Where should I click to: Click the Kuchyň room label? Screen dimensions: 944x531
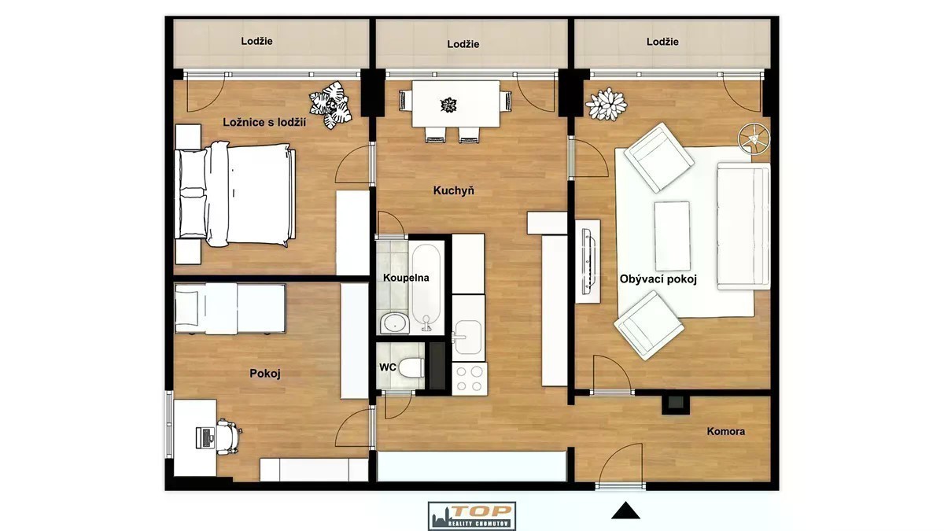pyautogui.click(x=453, y=191)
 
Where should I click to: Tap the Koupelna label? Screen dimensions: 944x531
pyautogui.click(x=406, y=278)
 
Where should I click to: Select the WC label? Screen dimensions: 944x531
pyautogui.click(x=387, y=367)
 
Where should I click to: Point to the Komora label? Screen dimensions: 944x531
pyautogui.click(x=725, y=432)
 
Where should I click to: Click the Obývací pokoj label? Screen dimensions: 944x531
pyautogui.click(x=658, y=279)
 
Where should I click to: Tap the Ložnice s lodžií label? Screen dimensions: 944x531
pyautogui.click(x=264, y=123)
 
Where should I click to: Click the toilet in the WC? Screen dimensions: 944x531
pyautogui.click(x=411, y=367)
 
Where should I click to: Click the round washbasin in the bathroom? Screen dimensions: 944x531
pyautogui.click(x=395, y=323)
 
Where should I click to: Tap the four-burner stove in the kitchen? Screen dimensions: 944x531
pyautogui.click(x=470, y=378)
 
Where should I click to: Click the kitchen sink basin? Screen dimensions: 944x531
pyautogui.click(x=468, y=337)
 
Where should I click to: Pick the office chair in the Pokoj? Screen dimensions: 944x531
pyautogui.click(x=228, y=437)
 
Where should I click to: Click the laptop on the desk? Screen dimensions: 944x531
pyautogui.click(x=205, y=437)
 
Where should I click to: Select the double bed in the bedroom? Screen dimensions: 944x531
pyautogui.click(x=234, y=194)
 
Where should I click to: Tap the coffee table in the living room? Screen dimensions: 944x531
pyautogui.click(x=672, y=236)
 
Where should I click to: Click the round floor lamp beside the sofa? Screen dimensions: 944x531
pyautogui.click(x=754, y=138)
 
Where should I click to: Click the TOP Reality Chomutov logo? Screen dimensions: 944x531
pyautogui.click(x=472, y=516)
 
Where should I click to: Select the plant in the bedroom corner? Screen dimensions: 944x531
pyautogui.click(x=330, y=105)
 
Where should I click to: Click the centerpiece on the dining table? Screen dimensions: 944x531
pyautogui.click(x=448, y=105)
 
